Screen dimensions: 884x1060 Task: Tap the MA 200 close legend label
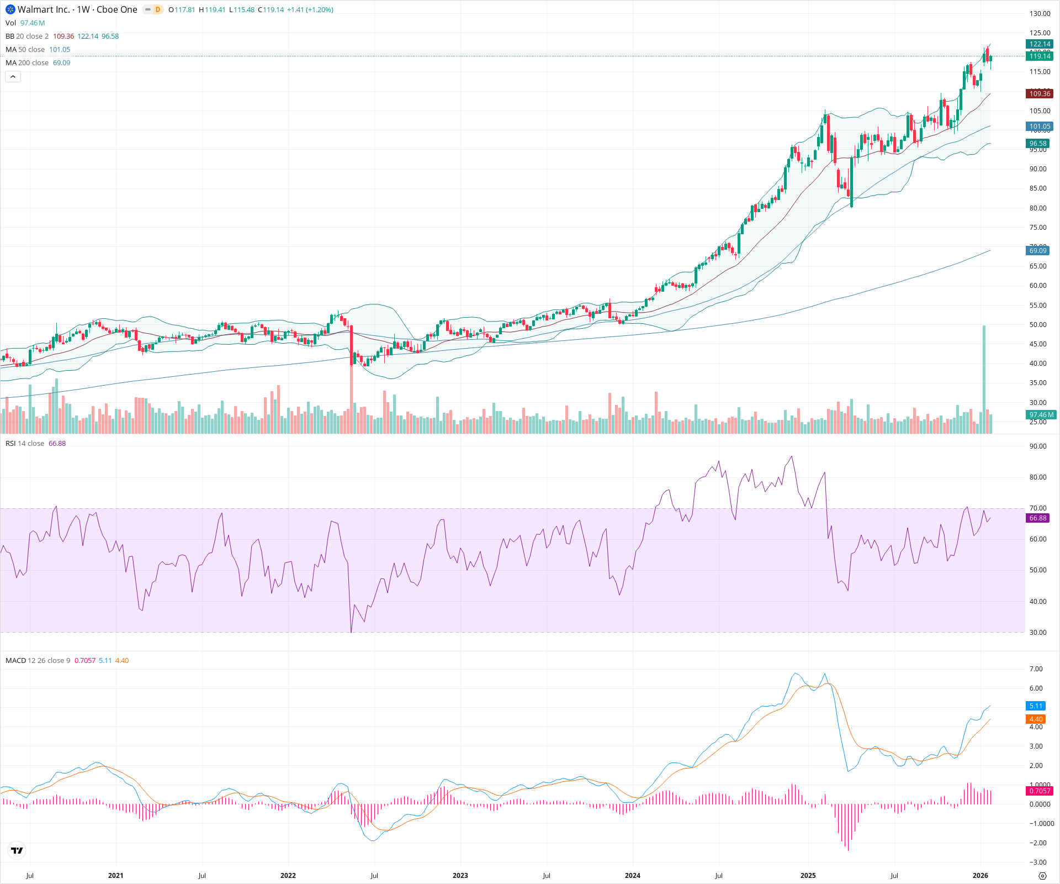27,63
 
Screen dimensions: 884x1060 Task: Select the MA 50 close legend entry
25,50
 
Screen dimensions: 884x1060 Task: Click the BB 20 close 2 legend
27,36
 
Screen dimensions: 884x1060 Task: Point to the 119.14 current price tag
1040,56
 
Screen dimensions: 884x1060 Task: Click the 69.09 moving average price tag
1038,251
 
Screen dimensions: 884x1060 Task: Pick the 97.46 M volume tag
1041,415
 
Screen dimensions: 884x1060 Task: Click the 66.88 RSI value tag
1038,518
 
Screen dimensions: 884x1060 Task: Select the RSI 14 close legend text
25,444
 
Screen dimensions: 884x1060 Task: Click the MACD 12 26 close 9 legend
38,661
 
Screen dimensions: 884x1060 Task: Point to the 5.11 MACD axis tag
1036,706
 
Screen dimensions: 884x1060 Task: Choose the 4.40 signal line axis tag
1036,719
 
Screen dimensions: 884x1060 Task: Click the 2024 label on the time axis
632,876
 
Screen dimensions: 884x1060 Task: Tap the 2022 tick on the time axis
288,876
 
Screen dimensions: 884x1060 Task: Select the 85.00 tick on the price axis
1038,188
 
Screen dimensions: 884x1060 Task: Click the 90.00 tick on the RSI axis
1038,446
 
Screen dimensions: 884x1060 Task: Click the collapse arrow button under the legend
13,77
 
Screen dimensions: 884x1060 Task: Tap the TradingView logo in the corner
17,850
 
